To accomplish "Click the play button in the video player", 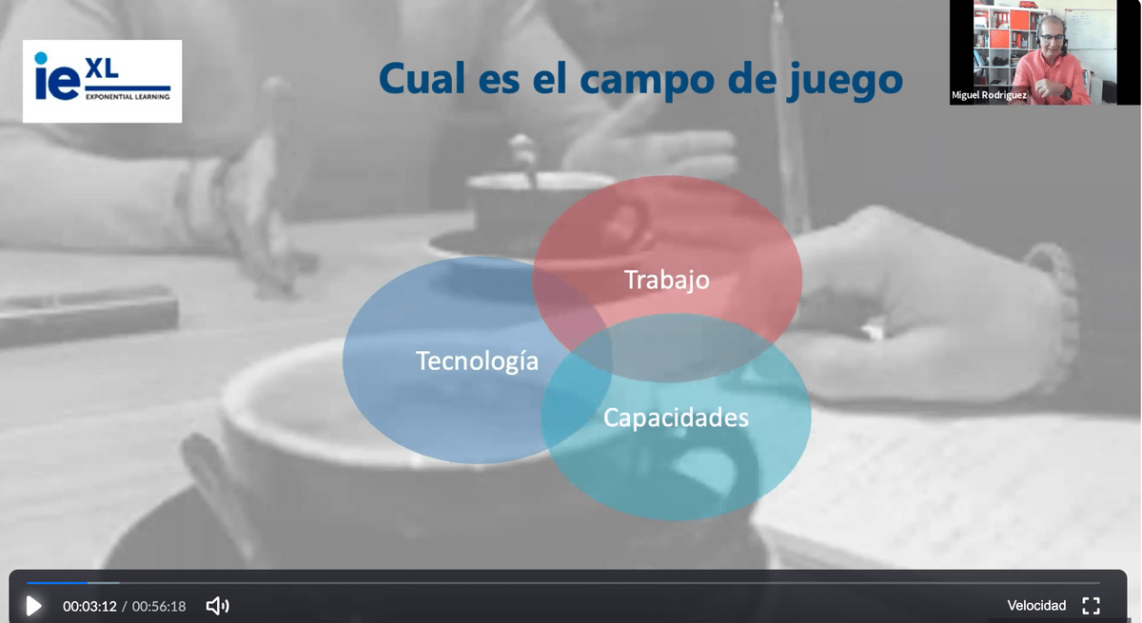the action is point(33,606).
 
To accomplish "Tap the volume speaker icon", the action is point(218,606).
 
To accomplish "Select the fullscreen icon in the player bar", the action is point(1091,606).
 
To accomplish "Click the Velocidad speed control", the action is point(1036,605).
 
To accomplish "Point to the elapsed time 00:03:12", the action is point(89,606).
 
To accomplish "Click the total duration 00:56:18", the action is point(159,606).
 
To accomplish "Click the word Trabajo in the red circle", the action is point(667,281).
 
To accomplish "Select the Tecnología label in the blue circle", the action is point(477,361).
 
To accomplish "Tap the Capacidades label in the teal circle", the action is point(676,418).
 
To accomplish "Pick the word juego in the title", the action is point(844,82).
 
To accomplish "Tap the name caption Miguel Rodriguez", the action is point(989,95).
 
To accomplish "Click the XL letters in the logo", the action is point(103,68).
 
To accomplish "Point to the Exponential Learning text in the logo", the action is point(128,96).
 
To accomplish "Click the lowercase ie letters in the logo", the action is point(57,76).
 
